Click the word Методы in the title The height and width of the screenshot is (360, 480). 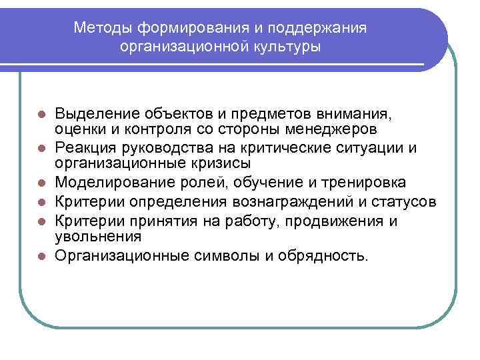103,28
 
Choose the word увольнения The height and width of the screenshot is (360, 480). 98,236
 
